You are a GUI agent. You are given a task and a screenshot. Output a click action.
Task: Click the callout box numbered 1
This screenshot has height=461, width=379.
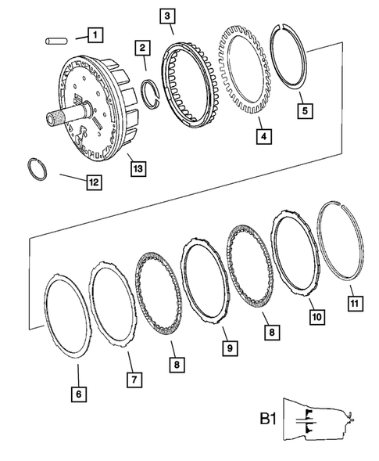[93, 34]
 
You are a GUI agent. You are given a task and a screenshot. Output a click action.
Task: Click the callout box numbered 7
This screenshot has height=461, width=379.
[134, 380]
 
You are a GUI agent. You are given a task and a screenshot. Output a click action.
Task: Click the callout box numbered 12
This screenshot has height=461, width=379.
[93, 182]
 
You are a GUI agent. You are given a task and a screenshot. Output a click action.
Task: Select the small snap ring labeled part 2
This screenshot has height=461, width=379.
[156, 99]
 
